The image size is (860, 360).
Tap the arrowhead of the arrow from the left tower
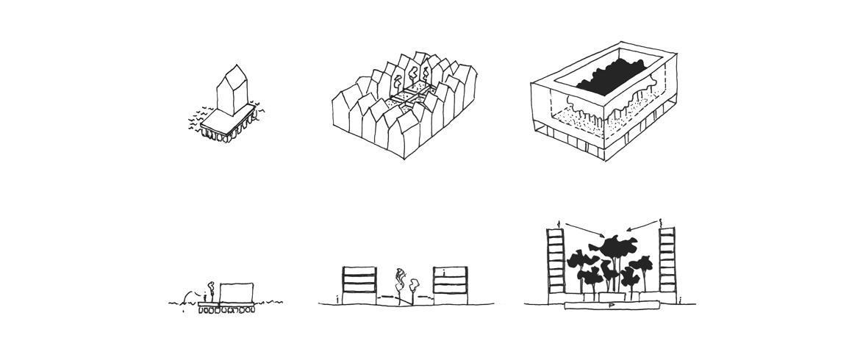click(599, 237)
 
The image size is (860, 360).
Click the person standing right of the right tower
click(681, 298)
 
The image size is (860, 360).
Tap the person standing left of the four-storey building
click(336, 298)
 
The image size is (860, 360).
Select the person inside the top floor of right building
click(444, 272)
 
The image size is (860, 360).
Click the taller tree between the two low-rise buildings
click(401, 281)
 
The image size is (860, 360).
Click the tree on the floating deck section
click(210, 288)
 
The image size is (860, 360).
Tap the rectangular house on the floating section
click(237, 292)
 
